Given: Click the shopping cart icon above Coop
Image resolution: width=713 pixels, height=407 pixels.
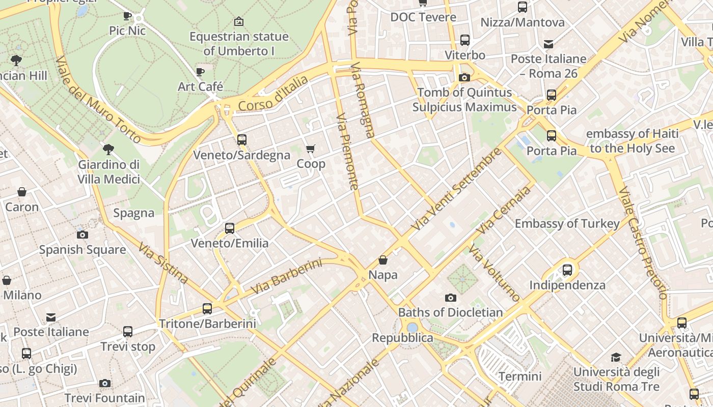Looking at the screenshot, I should pyautogui.click(x=310, y=149).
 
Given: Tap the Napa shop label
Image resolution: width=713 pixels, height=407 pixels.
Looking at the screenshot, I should pyautogui.click(x=383, y=275).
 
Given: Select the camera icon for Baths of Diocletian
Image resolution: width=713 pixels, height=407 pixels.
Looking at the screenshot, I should pyautogui.click(x=451, y=298).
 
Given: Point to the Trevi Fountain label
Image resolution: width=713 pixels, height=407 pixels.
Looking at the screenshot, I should pyautogui.click(x=104, y=398).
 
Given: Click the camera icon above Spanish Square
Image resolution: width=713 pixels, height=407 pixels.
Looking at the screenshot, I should pyautogui.click(x=83, y=235).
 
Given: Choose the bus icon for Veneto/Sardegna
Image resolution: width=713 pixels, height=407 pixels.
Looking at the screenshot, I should pyautogui.click(x=242, y=139).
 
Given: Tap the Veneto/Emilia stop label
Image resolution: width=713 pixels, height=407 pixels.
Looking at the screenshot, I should pyautogui.click(x=230, y=243).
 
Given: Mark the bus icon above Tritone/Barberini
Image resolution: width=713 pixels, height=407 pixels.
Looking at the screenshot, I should pyautogui.click(x=207, y=308).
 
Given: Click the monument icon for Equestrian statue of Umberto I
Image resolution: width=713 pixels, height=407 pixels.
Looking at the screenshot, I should pyautogui.click(x=238, y=21).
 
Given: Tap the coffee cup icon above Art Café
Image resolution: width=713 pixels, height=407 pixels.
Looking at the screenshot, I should pyautogui.click(x=200, y=72).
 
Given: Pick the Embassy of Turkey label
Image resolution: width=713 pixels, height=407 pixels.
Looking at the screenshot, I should pyautogui.click(x=567, y=223).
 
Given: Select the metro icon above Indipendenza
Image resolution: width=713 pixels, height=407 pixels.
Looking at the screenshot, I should pyautogui.click(x=567, y=270).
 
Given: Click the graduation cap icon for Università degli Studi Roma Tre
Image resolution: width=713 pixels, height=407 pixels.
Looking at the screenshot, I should pyautogui.click(x=616, y=357).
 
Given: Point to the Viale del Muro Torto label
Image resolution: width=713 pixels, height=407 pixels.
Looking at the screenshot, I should pyautogui.click(x=98, y=100).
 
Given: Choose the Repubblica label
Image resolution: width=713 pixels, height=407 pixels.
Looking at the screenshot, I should pyautogui.click(x=402, y=338).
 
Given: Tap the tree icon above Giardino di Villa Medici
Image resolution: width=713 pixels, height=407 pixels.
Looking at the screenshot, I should pyautogui.click(x=108, y=150).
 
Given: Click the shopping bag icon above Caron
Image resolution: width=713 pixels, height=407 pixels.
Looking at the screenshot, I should pyautogui.click(x=22, y=192).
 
